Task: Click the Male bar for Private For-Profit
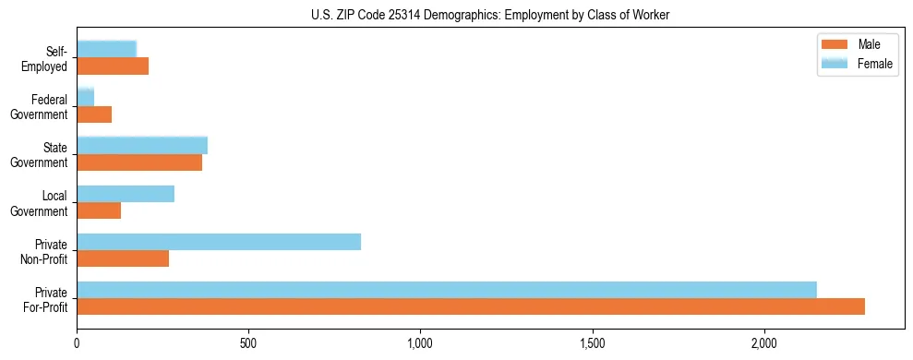[x=471, y=306]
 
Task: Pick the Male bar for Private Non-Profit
[x=123, y=258]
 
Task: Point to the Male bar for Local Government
[x=99, y=210]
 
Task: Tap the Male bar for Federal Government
[x=94, y=114]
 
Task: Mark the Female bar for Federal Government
[x=86, y=97]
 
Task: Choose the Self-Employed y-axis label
[x=50, y=58]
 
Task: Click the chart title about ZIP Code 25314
[x=490, y=15]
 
